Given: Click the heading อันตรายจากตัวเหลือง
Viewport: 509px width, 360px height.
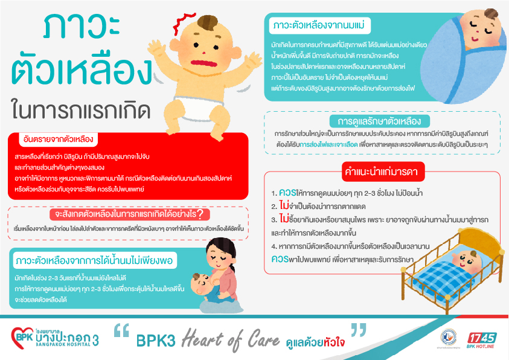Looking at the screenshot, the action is click(59, 140).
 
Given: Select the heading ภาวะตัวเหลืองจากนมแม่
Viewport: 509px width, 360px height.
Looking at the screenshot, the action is click(319, 25).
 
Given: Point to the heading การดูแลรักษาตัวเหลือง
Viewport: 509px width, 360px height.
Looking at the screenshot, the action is click(379, 121).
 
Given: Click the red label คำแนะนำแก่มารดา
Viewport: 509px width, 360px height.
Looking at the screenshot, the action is click(383, 172).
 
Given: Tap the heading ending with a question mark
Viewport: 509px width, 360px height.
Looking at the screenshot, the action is click(130, 214).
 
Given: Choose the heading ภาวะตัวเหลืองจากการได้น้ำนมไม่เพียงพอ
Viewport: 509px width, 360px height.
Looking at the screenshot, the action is click(94, 260).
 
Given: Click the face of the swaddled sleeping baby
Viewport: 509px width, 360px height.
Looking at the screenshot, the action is click(481, 29).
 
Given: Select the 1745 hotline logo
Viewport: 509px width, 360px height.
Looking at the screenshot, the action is click(482, 340).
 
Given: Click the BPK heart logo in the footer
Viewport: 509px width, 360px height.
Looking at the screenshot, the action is click(22, 338).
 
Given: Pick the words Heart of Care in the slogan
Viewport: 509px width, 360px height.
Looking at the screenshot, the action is click(230, 340).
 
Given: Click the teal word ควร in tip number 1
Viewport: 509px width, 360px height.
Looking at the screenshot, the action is click(287, 193).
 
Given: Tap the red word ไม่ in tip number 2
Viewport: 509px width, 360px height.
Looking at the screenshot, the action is click(284, 205).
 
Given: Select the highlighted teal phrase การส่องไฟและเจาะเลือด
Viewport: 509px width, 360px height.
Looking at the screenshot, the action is click(328, 144).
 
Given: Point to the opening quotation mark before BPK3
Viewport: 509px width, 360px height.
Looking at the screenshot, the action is click(122, 330).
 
